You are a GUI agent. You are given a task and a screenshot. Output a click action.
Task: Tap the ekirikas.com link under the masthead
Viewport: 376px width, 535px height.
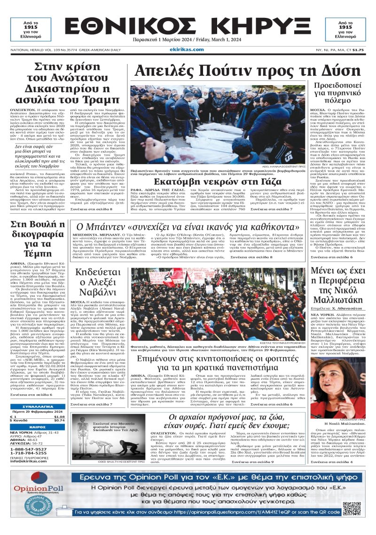click(188, 49)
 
